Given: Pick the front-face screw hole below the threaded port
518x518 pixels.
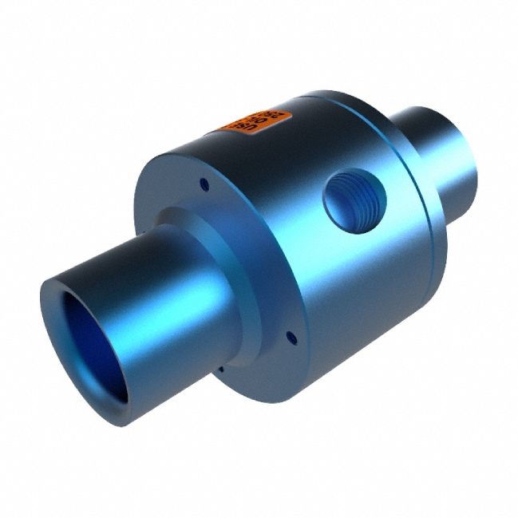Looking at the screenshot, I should [x=291, y=339].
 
